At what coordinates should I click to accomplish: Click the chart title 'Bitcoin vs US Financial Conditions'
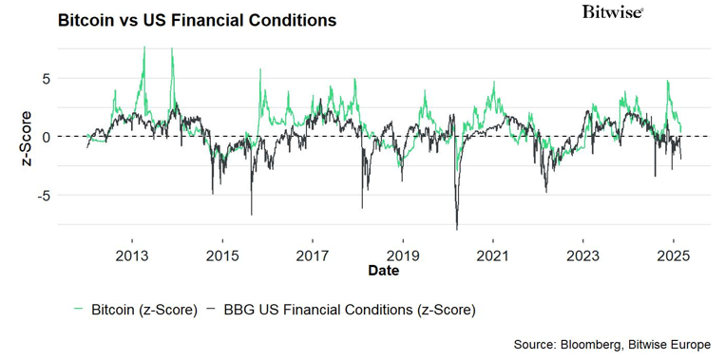(197, 20)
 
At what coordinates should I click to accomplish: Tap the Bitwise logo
(612, 12)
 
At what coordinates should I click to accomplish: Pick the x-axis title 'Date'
(384, 271)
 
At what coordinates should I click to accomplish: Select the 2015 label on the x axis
(221, 256)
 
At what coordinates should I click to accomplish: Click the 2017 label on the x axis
(312, 256)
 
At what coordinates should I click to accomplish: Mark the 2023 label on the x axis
(582, 256)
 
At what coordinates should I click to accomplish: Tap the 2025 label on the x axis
(673, 256)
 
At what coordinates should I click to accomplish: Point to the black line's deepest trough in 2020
(457, 229)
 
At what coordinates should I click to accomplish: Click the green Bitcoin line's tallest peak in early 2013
(144, 47)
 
